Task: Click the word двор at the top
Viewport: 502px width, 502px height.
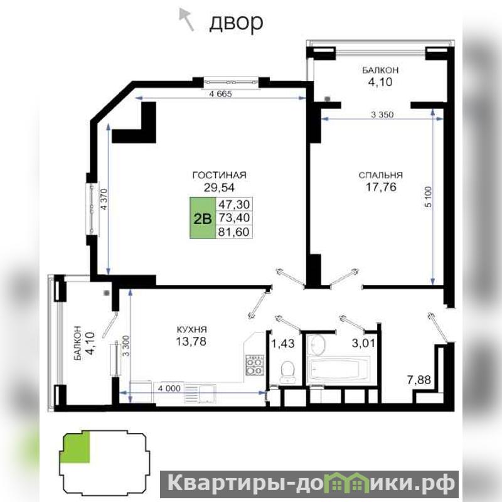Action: pos(237,23)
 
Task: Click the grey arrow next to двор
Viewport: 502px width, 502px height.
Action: pos(186,20)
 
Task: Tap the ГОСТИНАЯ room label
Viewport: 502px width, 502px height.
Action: pos(219,175)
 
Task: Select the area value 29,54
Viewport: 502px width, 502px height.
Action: pos(219,187)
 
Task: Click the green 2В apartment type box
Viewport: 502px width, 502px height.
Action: pos(203,218)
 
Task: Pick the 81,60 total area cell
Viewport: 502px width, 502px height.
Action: pos(233,232)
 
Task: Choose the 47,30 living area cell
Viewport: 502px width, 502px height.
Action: pos(233,204)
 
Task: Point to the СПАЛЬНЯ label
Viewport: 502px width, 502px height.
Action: pos(381,175)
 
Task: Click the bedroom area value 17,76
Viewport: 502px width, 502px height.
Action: pos(381,187)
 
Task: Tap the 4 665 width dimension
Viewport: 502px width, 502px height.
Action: pos(220,93)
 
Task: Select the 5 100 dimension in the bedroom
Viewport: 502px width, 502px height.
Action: pos(429,196)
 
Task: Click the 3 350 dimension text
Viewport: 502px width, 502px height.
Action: pos(382,114)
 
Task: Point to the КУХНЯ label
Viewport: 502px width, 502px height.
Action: pos(192,329)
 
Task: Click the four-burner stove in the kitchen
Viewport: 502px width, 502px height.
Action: pos(255,365)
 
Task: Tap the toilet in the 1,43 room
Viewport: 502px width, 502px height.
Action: pos(287,372)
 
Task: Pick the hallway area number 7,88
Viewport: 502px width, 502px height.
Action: pos(419,380)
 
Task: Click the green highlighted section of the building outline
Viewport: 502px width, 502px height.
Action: pos(76,447)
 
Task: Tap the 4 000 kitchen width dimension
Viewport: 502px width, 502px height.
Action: pos(169,388)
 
